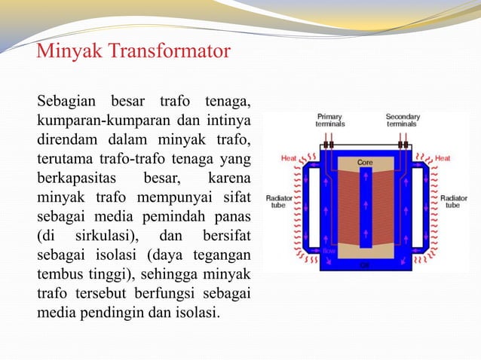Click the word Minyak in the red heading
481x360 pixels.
70,53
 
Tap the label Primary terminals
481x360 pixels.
329,121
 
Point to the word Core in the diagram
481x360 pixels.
366,162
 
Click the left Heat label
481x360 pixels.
288,159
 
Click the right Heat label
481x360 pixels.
443,159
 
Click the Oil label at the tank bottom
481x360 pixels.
365,264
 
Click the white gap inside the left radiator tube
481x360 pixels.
313,207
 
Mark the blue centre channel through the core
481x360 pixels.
366,211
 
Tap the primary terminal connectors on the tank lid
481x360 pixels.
329,145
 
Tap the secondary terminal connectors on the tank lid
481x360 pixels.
403,145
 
